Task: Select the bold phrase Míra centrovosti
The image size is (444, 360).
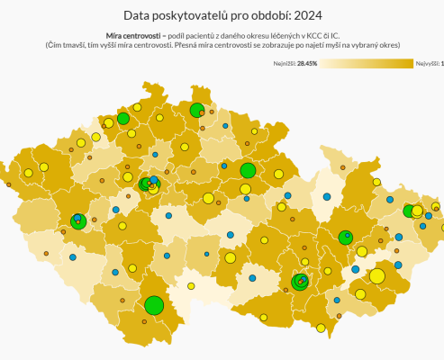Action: coord(133,33)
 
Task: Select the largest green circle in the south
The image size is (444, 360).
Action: coord(154,305)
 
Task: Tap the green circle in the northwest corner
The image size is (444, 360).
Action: coord(123,118)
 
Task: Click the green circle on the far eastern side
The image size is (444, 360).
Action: coord(409,211)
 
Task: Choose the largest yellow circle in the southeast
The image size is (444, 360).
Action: coord(377,275)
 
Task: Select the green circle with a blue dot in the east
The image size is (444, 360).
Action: coord(345,238)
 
